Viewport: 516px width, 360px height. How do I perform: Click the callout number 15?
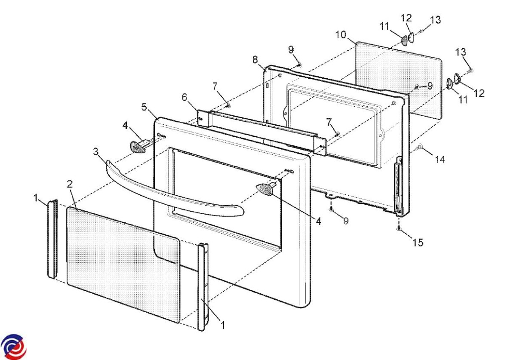[x=418, y=243]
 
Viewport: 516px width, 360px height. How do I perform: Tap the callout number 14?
[x=439, y=159]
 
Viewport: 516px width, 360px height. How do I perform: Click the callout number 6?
[x=184, y=98]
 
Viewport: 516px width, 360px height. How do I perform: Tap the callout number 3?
[x=96, y=152]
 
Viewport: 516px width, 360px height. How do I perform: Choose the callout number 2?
[x=70, y=184]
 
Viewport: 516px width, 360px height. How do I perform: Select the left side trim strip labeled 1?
[x=52, y=239]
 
